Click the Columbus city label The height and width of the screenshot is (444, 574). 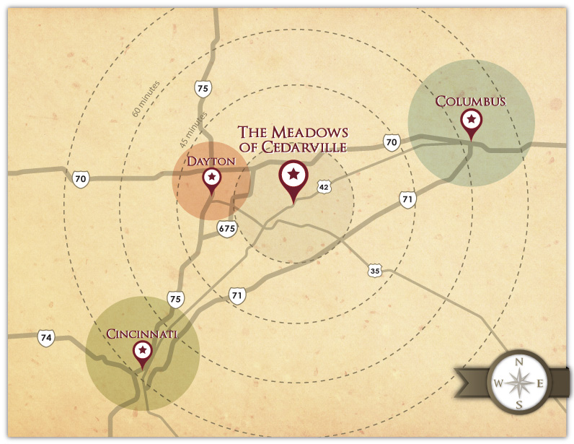[470, 102]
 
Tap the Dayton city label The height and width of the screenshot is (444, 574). [211, 160]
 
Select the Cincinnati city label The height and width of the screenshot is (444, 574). [142, 334]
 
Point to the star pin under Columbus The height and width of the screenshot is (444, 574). [471, 121]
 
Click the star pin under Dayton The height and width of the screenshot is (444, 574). [211, 178]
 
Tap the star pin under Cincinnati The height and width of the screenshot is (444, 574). [143, 352]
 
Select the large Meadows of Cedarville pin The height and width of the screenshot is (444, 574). [293, 176]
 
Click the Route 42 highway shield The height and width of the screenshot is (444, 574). [324, 188]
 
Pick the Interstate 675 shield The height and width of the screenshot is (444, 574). [226, 229]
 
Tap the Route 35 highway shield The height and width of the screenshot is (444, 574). [374, 271]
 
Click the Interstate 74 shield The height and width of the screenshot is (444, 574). [46, 337]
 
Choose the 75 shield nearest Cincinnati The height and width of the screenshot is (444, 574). [175, 299]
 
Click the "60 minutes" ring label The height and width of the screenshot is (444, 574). [146, 100]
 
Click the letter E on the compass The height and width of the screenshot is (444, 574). [540, 383]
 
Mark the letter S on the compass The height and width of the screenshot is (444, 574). [519, 404]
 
